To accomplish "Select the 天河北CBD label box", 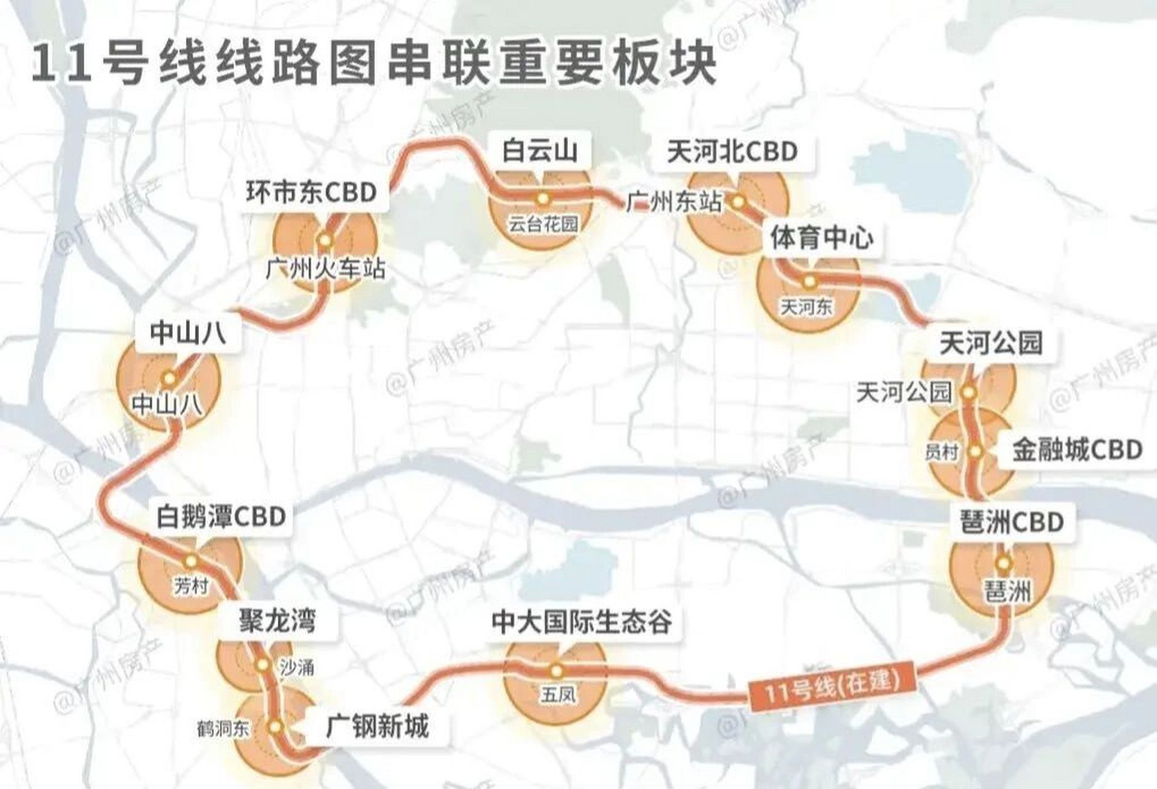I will pos(732,152).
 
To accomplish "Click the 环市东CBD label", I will pos(311,192).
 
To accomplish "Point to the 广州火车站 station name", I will pos(326,269).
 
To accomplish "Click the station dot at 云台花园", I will pos(542,198).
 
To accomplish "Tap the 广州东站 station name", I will pos(674,202).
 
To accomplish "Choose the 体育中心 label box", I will pos(822,238).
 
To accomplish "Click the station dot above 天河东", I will pos(809,281).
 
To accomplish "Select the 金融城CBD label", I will pos(1077,450).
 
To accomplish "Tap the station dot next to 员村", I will pos(975,451).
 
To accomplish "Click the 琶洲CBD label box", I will pos(1012,522).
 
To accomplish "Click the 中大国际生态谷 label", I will pos(581,623).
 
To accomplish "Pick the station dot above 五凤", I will pos(556,670).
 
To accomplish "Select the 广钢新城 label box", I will pos(377,727).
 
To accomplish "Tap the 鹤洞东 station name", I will pos(223,729).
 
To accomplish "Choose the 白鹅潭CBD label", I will pos(221,517).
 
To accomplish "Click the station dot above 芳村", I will pos(190,560).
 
